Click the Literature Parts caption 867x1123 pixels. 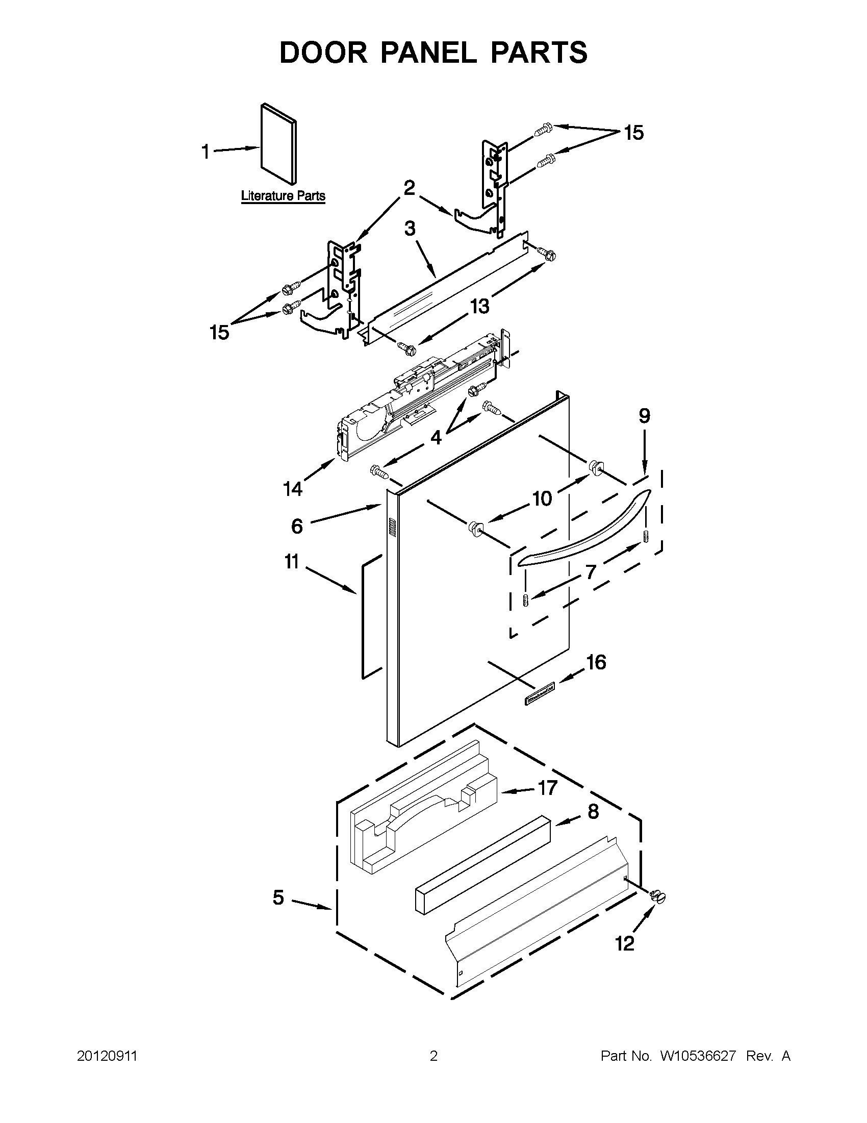[283, 196]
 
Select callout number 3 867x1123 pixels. [410, 228]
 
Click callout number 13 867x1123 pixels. [479, 307]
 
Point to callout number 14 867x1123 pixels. [293, 488]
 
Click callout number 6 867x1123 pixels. [297, 526]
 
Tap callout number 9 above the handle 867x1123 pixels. [645, 416]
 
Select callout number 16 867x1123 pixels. [596, 662]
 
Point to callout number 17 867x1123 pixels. [547, 787]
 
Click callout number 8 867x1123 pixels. [593, 812]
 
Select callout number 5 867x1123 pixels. [278, 898]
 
